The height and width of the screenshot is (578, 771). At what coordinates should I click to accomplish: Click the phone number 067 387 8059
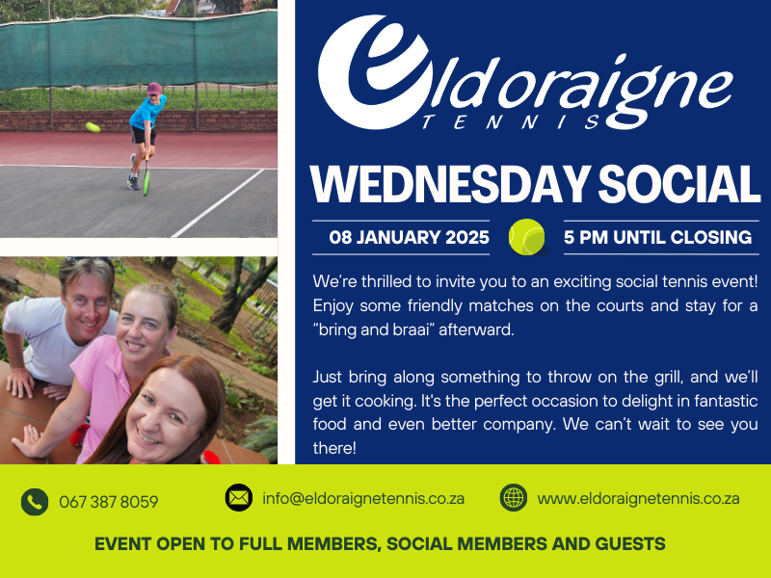coord(109,502)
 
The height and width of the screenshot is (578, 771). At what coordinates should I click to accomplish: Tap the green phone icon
coord(35,502)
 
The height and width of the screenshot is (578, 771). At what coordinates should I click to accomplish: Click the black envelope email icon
coord(239,497)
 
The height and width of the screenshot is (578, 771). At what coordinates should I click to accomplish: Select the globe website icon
coord(514,497)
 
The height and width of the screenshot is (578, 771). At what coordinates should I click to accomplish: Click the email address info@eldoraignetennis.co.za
coord(363,498)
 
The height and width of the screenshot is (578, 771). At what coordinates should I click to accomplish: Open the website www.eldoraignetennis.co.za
coord(638,498)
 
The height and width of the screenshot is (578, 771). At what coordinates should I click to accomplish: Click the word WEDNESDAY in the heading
coord(450,184)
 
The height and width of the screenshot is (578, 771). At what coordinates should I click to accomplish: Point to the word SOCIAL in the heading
coord(679,184)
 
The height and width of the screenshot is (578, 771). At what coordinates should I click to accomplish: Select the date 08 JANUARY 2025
coord(409,237)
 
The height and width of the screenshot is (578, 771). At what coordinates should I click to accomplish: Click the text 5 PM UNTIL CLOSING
coord(657,237)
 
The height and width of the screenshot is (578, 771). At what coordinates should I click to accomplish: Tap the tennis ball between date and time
coord(526,237)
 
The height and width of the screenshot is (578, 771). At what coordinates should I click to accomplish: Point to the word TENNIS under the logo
coord(512,122)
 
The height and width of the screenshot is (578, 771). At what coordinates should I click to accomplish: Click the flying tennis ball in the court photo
coord(93,127)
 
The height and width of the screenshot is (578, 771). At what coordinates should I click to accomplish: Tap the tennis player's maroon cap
coord(154,89)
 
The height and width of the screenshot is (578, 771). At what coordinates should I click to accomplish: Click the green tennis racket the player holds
coord(146,176)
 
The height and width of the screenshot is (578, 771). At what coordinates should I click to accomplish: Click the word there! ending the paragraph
coord(334,448)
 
